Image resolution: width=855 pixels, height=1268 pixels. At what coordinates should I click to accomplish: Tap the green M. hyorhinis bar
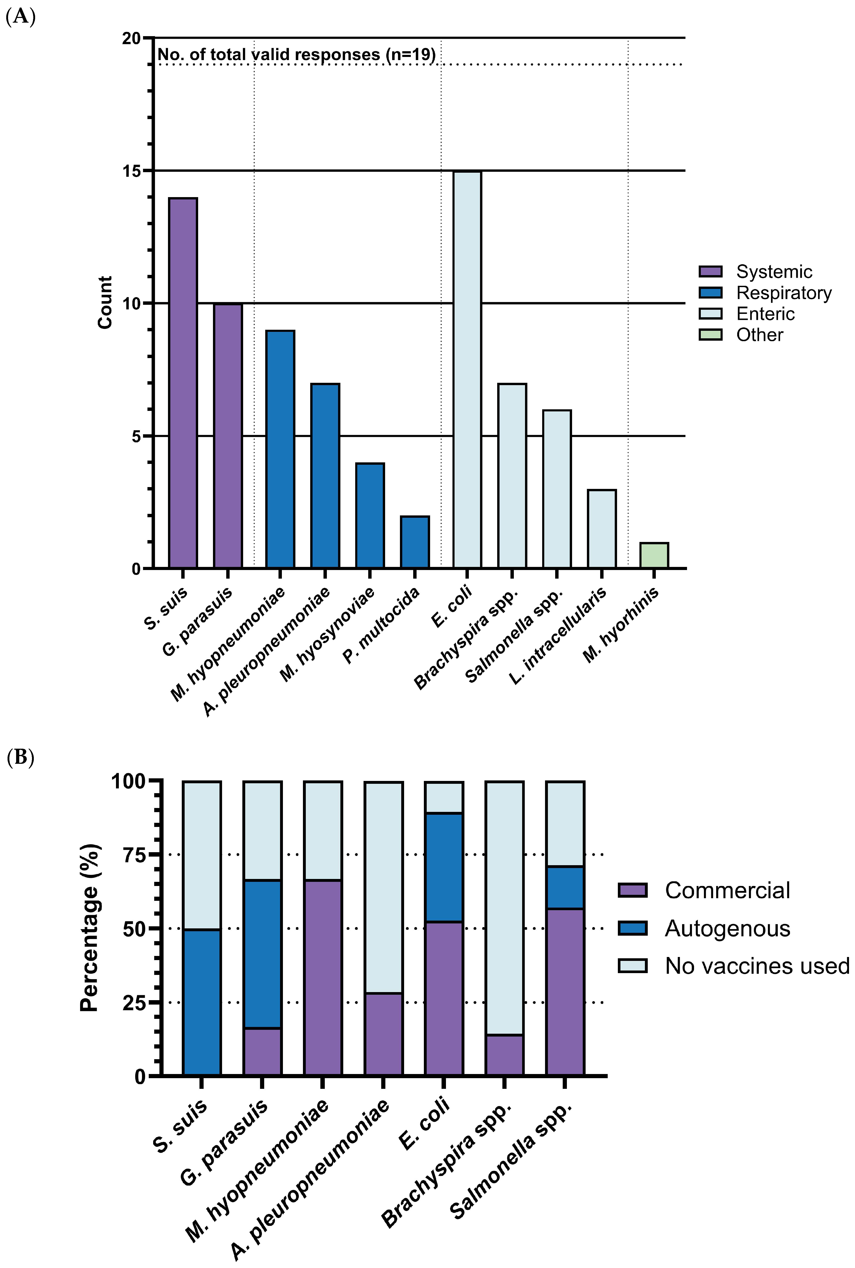(x=654, y=555)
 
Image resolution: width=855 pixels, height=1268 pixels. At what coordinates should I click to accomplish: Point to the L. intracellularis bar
(x=601, y=529)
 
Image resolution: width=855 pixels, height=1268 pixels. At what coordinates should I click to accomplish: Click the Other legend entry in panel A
(x=759, y=335)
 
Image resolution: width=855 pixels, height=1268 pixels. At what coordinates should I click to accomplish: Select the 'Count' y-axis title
(x=105, y=302)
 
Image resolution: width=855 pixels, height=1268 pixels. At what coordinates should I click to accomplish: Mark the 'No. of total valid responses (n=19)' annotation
(x=296, y=55)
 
